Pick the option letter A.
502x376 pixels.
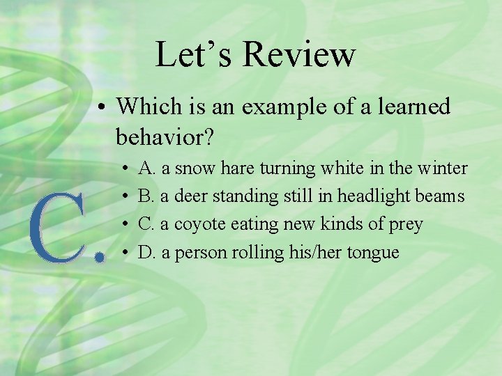pos(146,168)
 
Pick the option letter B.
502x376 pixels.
pos(146,196)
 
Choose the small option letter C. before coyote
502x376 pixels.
pos(146,224)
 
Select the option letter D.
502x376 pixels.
pos(146,252)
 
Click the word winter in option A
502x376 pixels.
pos(443,168)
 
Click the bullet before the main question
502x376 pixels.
pos(102,108)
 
